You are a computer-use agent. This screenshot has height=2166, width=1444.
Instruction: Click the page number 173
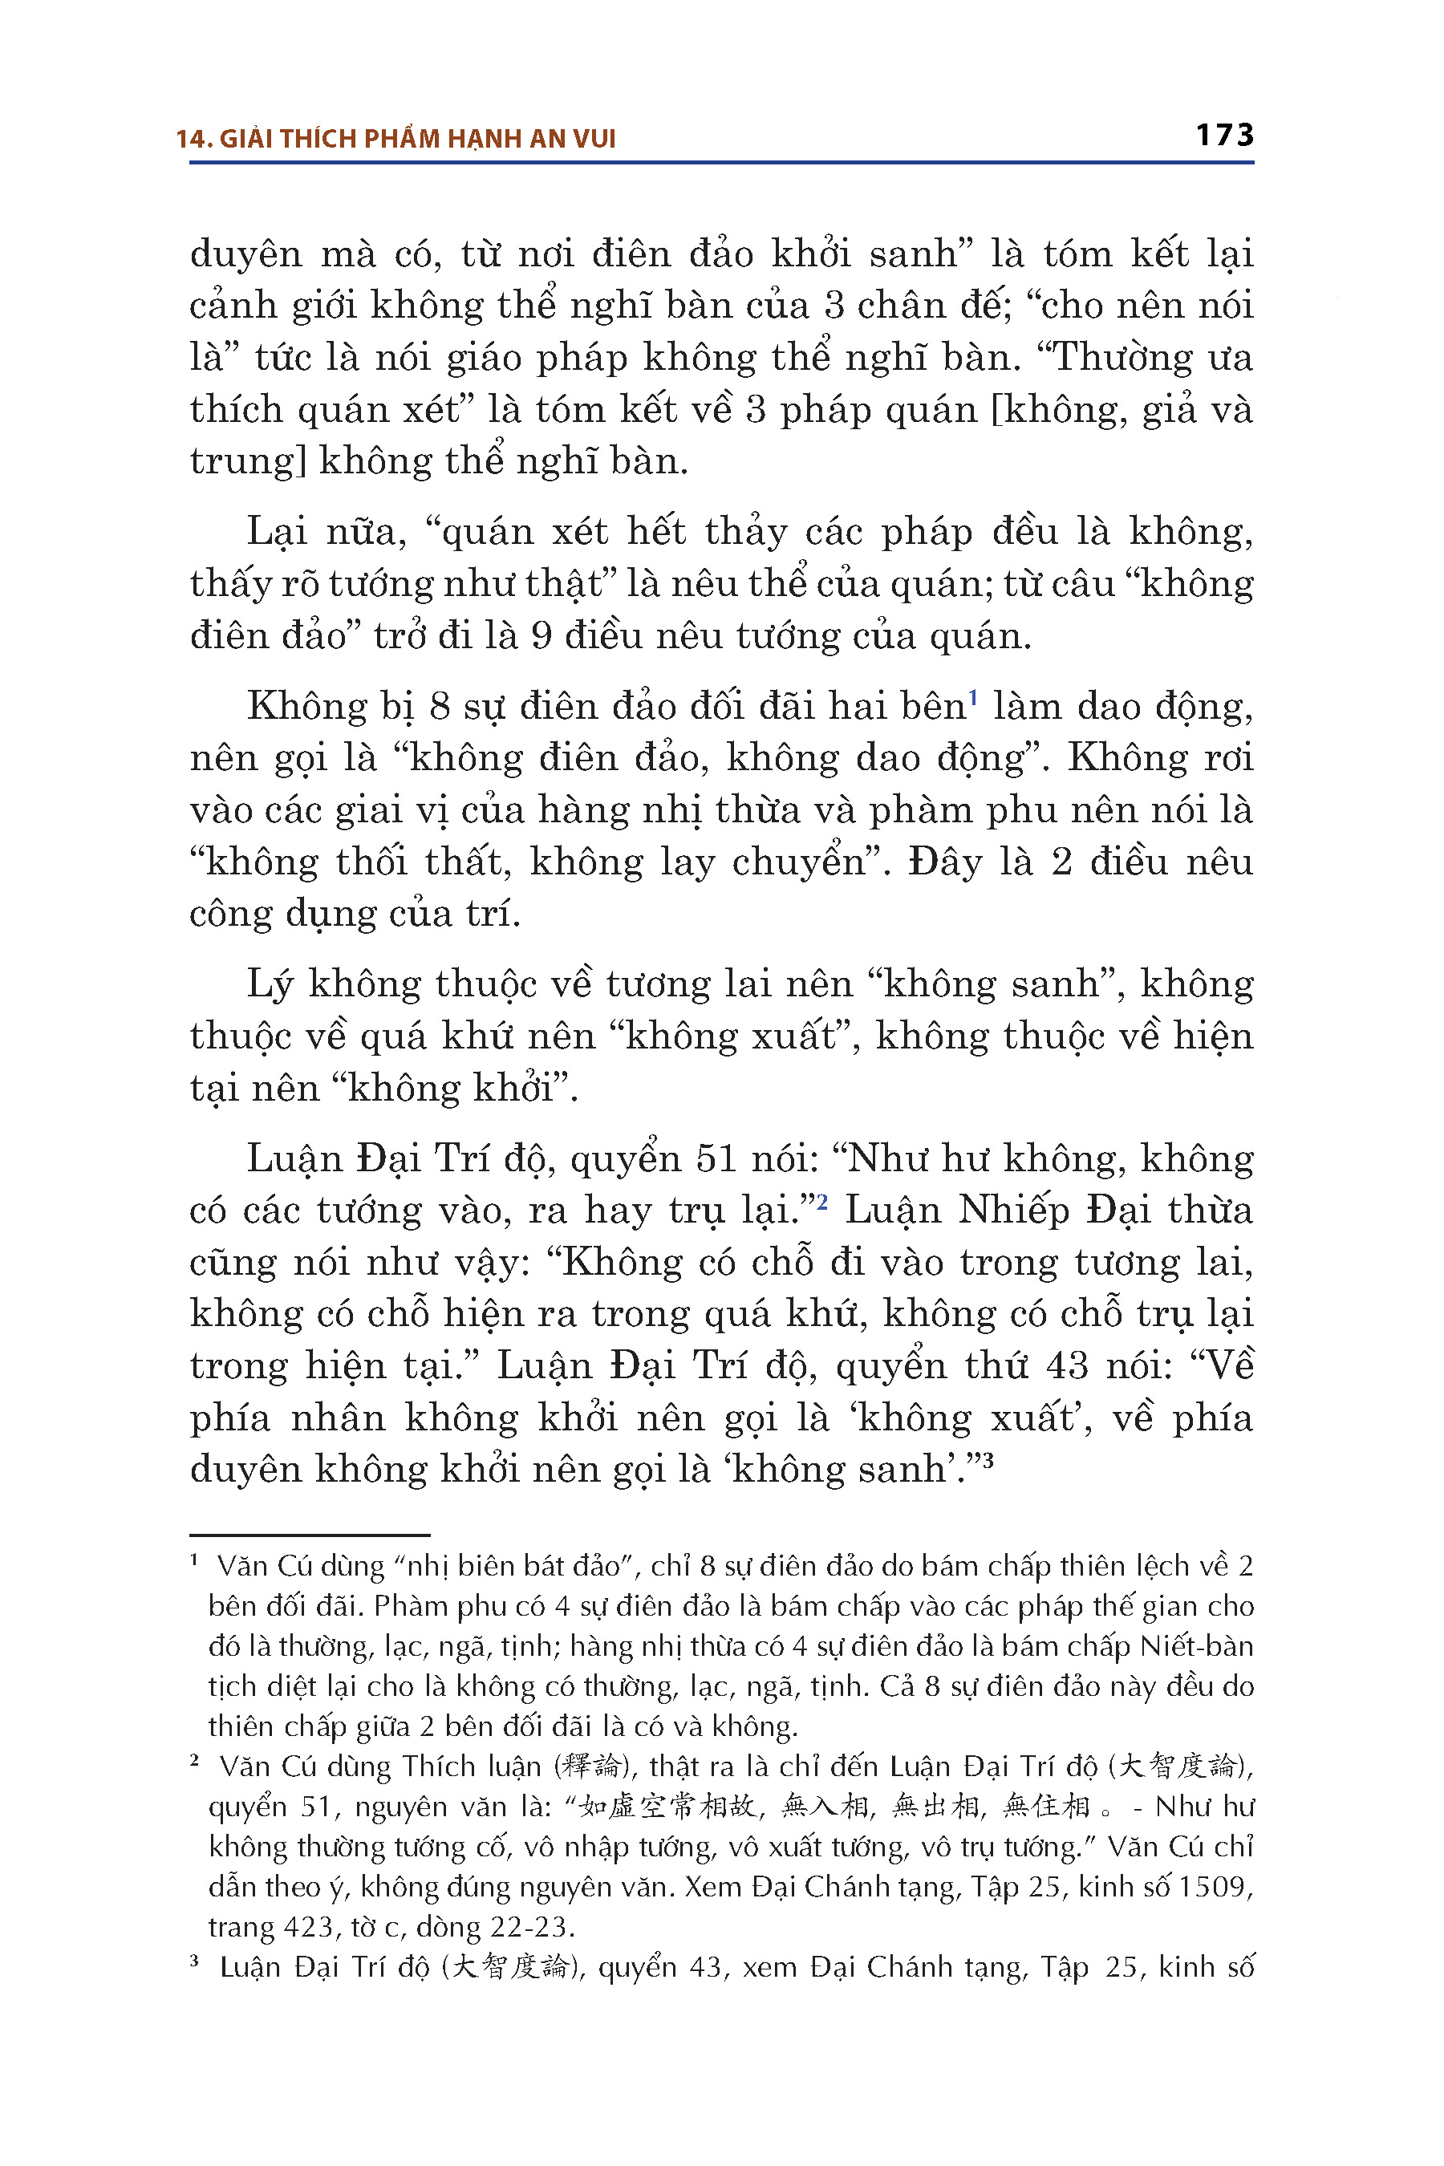coord(1224,136)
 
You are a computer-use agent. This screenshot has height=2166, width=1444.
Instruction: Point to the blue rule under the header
coord(721,163)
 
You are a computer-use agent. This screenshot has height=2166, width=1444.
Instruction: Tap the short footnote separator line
coord(310,1535)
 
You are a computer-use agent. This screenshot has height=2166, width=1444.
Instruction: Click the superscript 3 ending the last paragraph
coord(988,1461)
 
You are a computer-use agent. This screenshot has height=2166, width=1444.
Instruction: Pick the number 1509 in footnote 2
coord(1215,1887)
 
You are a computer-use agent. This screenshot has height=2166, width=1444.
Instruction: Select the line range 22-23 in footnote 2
coord(529,1928)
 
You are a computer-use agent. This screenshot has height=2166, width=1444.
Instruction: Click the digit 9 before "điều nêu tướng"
coord(541,636)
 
